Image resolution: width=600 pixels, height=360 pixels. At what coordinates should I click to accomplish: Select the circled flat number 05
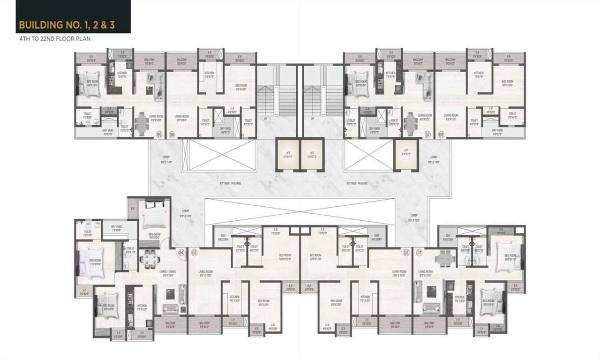[159, 135]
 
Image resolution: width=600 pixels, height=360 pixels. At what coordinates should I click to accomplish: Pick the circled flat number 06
[172, 135]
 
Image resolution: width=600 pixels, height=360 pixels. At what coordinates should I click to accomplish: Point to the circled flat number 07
[427, 135]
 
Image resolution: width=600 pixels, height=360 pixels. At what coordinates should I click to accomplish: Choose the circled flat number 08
[441, 135]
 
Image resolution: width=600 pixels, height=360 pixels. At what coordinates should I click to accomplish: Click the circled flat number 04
[181, 253]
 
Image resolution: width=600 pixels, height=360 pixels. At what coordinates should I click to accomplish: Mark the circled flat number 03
[194, 253]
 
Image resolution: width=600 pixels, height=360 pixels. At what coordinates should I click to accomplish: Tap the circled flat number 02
[406, 253]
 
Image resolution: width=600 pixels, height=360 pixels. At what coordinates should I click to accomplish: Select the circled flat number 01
[419, 253]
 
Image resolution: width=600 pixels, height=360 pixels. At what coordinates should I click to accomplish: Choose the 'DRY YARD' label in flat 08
[497, 131]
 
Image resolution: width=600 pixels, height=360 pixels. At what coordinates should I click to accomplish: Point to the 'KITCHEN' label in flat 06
[209, 74]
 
